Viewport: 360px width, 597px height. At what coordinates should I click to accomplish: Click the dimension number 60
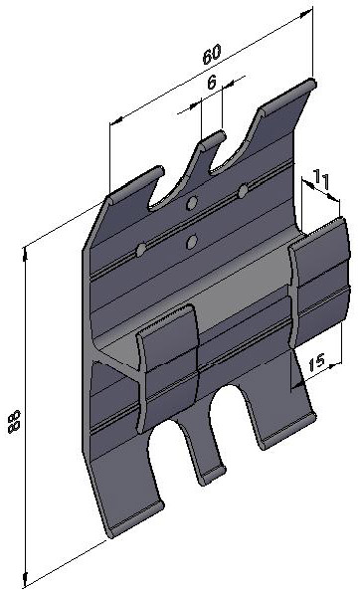point(212,55)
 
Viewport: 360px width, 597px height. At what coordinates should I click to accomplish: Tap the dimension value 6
point(212,82)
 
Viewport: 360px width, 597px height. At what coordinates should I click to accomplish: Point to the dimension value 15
point(316,363)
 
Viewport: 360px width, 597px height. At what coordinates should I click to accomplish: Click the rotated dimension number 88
point(14,422)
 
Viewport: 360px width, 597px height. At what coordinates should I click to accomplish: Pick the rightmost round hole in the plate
point(243,190)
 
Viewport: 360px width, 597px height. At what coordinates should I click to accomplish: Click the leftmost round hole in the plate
point(141,250)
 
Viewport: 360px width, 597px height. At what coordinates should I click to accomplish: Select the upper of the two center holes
point(192,203)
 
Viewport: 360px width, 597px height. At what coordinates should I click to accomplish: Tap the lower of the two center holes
point(192,242)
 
